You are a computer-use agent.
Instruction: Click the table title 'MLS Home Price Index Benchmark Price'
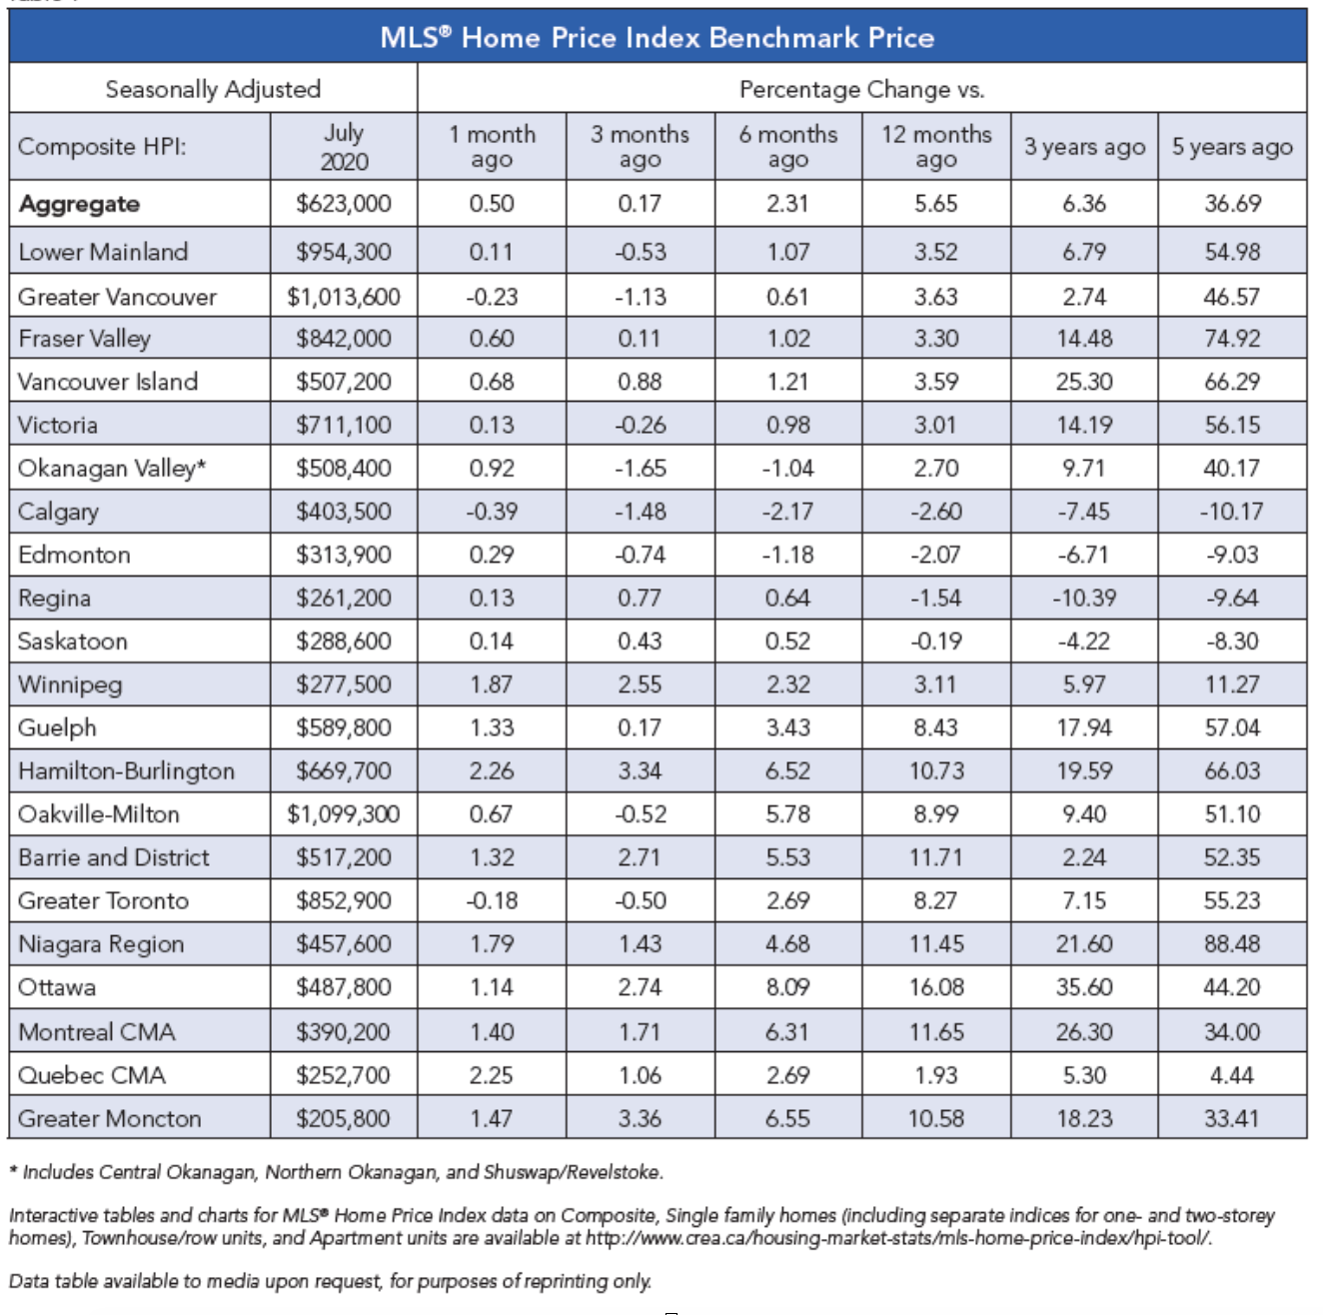pos(658,38)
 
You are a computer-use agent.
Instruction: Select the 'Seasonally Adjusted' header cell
pos(213,89)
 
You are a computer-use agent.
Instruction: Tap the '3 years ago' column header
pos(1084,146)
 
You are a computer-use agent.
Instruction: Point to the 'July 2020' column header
pos(344,146)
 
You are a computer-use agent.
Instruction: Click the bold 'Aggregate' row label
pos(80,204)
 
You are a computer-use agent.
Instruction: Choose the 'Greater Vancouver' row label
pos(117,297)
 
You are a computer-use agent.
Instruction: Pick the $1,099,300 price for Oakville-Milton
pos(344,813)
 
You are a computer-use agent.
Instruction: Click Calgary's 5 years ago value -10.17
pos(1232,512)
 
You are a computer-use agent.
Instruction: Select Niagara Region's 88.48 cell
pos(1232,943)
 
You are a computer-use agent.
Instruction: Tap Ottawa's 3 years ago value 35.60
pos(1084,987)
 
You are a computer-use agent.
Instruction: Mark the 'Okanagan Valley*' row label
pos(112,469)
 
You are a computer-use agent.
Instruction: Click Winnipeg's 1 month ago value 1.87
pos(492,684)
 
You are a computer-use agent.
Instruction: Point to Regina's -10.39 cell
pos(1084,599)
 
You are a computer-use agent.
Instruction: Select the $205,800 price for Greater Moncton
pos(344,1118)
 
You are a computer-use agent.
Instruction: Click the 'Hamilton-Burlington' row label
pos(126,771)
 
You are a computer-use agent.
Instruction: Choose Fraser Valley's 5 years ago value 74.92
pos(1232,339)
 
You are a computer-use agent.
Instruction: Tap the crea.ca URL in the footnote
pos(898,1238)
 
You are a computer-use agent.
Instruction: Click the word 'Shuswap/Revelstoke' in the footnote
pos(573,1172)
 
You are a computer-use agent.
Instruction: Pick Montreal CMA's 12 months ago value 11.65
pos(936,1031)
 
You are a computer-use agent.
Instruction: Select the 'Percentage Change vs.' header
pos(861,89)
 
